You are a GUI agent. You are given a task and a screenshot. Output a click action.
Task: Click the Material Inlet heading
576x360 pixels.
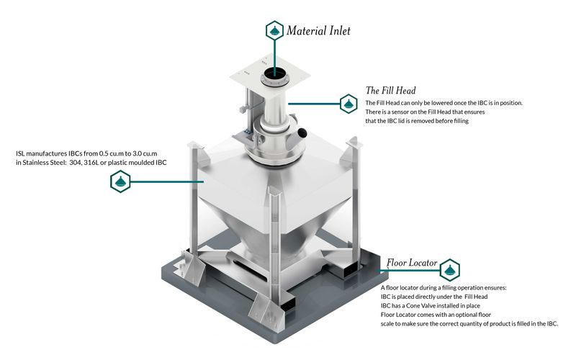(318, 30)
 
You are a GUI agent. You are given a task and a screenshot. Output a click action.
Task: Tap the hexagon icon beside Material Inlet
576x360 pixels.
(274, 31)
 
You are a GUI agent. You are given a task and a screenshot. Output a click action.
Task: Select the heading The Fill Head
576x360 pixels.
(390, 91)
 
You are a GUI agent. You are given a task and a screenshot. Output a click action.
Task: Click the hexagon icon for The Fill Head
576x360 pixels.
(348, 104)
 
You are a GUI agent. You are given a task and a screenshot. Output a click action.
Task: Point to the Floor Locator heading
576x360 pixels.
(412, 263)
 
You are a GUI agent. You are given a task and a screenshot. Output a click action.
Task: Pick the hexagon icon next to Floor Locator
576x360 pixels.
(449, 270)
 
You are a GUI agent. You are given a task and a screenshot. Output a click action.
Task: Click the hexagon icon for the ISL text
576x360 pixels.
(120, 182)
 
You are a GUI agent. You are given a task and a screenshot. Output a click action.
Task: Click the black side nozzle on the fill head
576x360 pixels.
(302, 132)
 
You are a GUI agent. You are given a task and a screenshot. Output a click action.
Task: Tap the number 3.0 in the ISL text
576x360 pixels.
(138, 153)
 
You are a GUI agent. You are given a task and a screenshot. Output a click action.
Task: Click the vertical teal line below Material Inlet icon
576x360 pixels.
(274, 54)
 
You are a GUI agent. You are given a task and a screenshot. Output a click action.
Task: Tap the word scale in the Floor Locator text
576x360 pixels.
(388, 323)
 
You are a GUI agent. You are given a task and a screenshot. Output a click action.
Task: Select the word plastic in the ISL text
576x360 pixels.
(117, 163)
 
